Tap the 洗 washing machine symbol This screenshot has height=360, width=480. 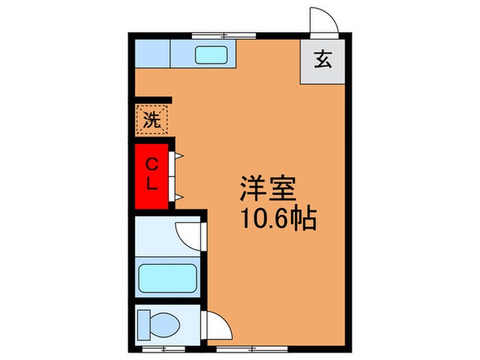[152, 121]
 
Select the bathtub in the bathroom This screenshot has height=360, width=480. [168, 278]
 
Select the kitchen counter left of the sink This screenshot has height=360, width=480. [152, 53]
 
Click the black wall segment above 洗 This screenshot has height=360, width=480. [152, 100]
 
